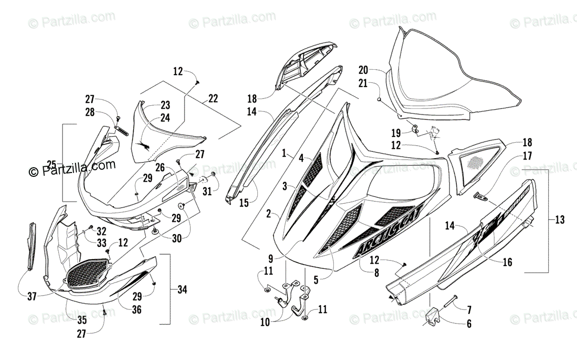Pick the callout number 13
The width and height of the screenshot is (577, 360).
[x=559, y=220]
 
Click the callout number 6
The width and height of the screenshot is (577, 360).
[x=468, y=323]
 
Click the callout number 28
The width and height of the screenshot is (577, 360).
[x=90, y=112]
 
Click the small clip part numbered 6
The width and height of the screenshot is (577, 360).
[x=434, y=315]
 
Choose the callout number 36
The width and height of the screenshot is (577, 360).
[x=137, y=310]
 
